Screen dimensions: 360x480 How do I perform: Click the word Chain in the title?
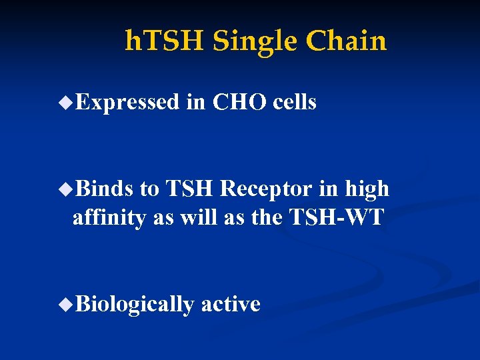(346, 41)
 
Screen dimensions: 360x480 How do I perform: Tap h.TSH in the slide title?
(165, 41)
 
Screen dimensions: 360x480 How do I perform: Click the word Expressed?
(127, 102)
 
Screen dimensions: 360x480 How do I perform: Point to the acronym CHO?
(240, 102)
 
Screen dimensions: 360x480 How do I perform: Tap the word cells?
(295, 102)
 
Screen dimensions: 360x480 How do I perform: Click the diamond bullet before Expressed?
(65, 103)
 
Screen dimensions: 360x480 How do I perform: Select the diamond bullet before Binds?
(65, 189)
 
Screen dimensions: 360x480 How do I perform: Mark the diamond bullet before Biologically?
(65, 305)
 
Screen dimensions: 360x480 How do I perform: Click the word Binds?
(105, 189)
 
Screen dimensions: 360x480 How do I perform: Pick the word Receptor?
(266, 189)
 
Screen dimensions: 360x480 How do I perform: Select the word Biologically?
(135, 305)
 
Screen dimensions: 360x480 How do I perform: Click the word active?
(231, 304)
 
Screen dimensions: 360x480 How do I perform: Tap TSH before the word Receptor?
(189, 189)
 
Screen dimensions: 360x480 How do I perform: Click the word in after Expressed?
(196, 102)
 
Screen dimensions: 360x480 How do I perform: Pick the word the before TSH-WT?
(268, 217)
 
